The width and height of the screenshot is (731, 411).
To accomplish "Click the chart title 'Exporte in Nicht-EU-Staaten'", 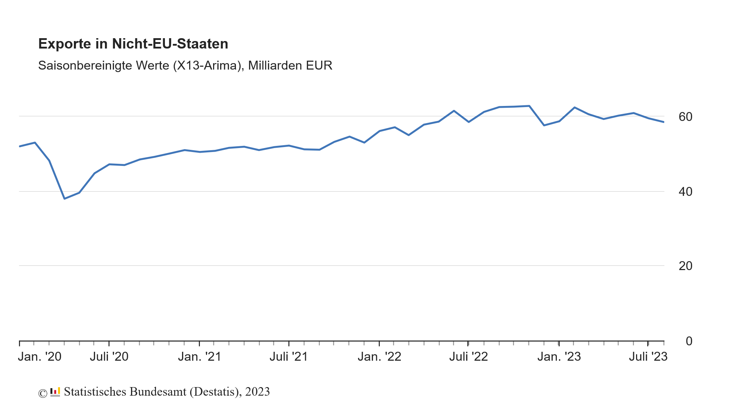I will [x=133, y=44].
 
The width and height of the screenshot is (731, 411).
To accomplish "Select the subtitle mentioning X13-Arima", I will [x=185, y=66].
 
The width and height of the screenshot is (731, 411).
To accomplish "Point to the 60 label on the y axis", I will [x=685, y=117].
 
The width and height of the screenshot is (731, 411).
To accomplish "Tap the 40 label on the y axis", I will [x=685, y=192].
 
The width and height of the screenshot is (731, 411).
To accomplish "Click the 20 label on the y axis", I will [x=685, y=266].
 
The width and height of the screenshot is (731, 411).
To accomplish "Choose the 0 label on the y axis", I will [x=689, y=341].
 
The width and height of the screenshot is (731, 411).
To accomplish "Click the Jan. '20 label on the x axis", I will [x=40, y=356].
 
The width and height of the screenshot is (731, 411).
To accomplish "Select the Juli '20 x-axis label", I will [x=109, y=356].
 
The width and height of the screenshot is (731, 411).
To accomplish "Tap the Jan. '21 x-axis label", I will [x=200, y=356].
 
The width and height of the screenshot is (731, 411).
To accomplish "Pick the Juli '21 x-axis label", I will [x=289, y=356].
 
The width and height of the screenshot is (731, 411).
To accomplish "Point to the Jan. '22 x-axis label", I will [x=379, y=356].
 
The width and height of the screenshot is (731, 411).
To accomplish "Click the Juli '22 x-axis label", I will [x=468, y=356].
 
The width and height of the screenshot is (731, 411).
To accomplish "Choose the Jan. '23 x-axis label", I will [x=559, y=356].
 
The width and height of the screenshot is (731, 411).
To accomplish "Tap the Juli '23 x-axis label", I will [x=648, y=356].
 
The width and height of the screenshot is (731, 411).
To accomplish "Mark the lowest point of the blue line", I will [x=64, y=198].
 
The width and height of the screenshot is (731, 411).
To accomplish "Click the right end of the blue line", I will [x=663, y=122].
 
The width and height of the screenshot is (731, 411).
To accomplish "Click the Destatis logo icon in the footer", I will [x=55, y=392].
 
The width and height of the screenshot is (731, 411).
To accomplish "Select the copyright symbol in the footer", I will [x=42, y=393].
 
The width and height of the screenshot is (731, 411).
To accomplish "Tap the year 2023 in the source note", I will [x=257, y=392].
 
